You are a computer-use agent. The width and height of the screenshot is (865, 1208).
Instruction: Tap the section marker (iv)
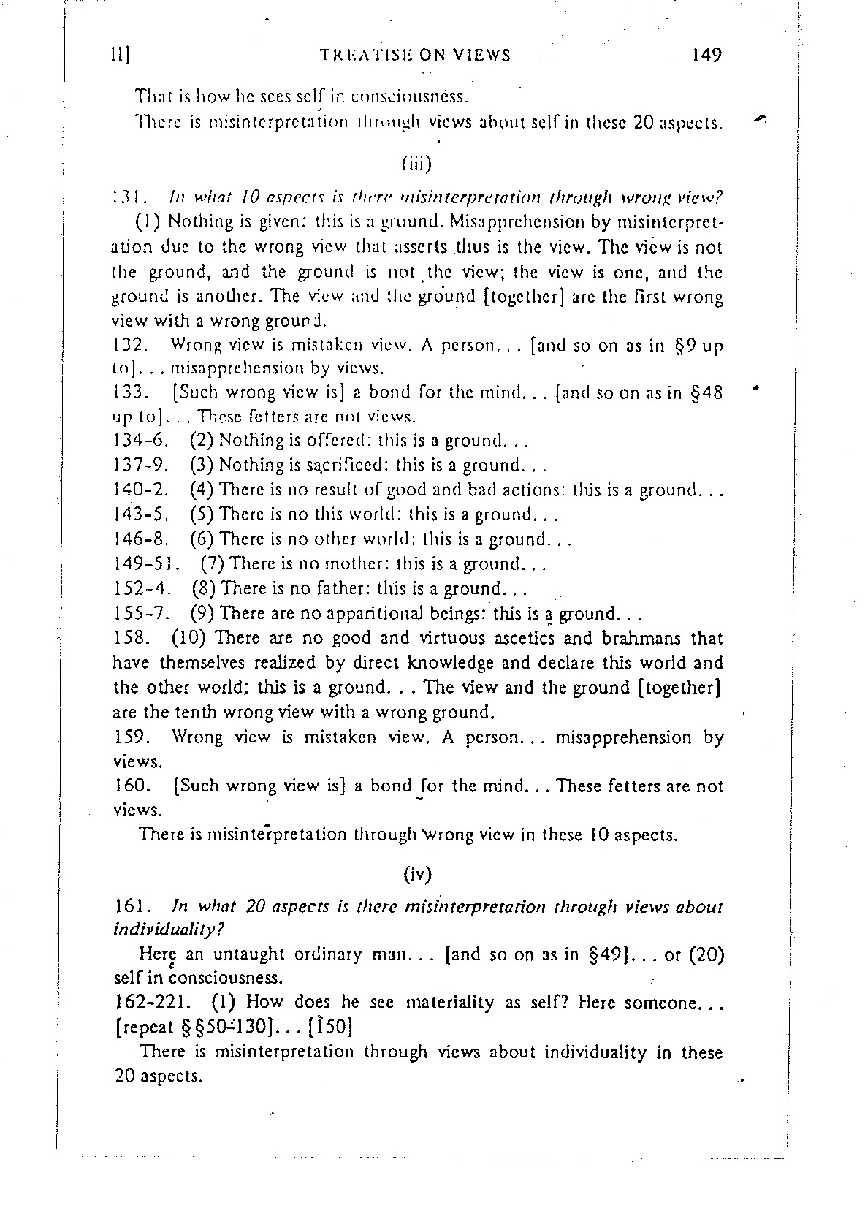tap(417, 873)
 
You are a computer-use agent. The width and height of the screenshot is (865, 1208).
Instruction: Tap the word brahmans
tap(641, 638)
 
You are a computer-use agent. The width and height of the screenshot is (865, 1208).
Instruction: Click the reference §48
tap(706, 392)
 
